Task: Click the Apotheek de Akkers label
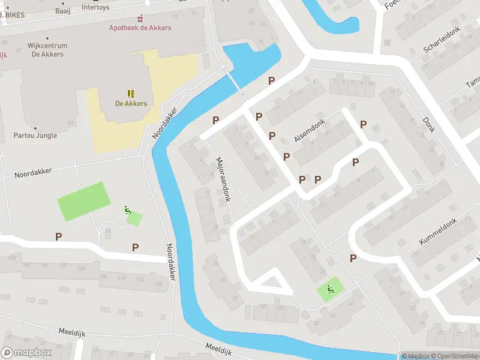coord(140,28)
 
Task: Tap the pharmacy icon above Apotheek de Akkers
coord(140,19)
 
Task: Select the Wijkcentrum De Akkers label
coord(47,50)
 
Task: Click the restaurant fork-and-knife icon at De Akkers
coord(131,93)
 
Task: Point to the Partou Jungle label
coord(35,135)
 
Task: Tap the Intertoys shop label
coord(96,7)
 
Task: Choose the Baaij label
coord(62,10)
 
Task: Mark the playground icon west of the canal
coord(127,210)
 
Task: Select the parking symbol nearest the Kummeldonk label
coord(353,258)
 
